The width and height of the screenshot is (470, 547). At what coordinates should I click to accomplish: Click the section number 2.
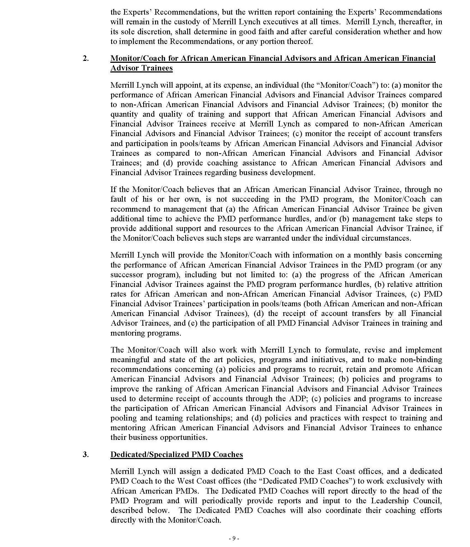[86, 59]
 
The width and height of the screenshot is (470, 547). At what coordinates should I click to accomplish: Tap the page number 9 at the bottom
[234, 538]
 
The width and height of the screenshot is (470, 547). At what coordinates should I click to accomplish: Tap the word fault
[118, 199]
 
